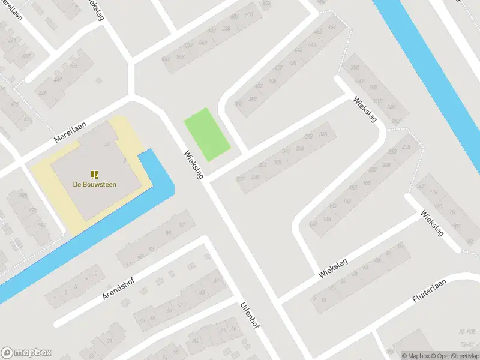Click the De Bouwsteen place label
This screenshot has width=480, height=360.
tap(95, 185)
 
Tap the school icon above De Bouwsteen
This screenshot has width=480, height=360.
tap(95, 174)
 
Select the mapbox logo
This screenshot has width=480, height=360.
tap(26, 353)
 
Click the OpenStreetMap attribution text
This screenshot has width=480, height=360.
tap(452, 356)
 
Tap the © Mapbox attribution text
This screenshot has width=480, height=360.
tap(415, 356)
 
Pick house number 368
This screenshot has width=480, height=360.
tap(323, 134)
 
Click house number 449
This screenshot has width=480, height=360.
tap(58, 79)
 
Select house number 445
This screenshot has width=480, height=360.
tap(42, 94)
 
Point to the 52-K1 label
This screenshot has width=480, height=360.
tap(467, 344)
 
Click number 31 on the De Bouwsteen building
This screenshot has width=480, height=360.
tap(108, 143)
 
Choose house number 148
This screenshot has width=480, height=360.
tap(327, 219)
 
